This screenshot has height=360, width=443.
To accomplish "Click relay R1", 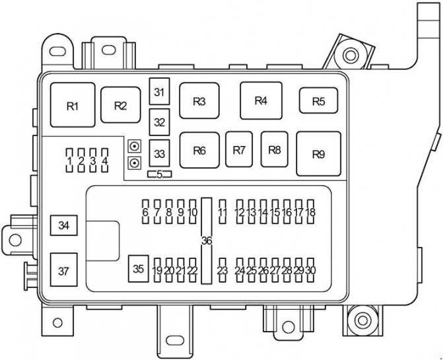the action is pos(73,105).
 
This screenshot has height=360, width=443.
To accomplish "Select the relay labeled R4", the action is pos(261,100).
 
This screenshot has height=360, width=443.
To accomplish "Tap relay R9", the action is pos(319,154).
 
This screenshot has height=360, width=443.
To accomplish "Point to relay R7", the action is pos(239,149).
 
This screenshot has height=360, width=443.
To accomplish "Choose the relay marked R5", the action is pos(319,100).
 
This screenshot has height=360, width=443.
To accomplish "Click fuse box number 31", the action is pos(159,92).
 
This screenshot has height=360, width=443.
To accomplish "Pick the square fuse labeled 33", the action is pos(159,153).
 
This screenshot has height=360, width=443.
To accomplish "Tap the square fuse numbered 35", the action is pos(139,269).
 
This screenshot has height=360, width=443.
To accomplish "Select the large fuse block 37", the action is pos(64,270).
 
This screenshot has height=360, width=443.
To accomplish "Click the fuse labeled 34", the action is pos(64,225).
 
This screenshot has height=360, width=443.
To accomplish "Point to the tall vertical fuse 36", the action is pos(207,240).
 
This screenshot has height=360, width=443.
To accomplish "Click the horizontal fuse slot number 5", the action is pos(159,174).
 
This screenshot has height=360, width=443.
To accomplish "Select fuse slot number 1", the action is pos(69,161).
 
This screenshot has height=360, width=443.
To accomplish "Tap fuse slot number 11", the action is pos(222,211).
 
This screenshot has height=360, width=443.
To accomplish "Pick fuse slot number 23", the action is pos(222,270).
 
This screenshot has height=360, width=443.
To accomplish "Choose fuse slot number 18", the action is pos(311,211).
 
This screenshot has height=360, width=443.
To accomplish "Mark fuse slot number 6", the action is pos(145,211).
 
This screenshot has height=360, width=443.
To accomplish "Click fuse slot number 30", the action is pos(311,270).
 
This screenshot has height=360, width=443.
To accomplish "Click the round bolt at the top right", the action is pos(351,55).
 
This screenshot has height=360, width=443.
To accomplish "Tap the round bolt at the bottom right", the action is pos(362,320).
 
